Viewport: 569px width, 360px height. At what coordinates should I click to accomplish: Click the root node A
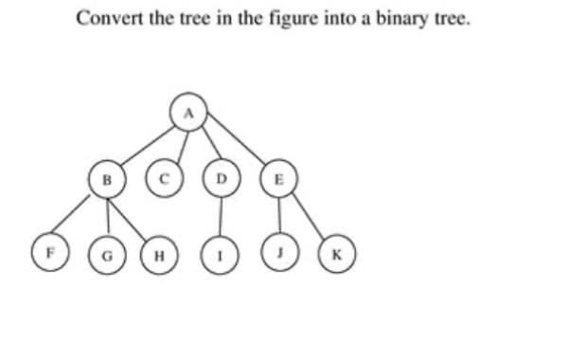pos(187,112)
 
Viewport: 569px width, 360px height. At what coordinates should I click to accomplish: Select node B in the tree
pos(107,176)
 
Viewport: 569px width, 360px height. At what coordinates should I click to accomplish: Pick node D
pos(222,176)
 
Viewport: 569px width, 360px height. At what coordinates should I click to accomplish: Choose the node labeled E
pos(276,176)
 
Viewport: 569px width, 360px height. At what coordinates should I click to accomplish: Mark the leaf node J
pos(279,254)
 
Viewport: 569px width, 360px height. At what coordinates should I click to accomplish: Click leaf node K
pos(335,255)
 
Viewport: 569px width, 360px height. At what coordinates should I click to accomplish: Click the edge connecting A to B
pos(147,144)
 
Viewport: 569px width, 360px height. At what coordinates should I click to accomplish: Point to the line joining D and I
pos(222,216)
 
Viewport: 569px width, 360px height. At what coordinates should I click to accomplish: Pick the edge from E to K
pos(306,216)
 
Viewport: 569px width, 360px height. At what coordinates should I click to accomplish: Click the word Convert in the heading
pos(106,18)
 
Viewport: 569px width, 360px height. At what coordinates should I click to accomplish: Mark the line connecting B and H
pos(133,216)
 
